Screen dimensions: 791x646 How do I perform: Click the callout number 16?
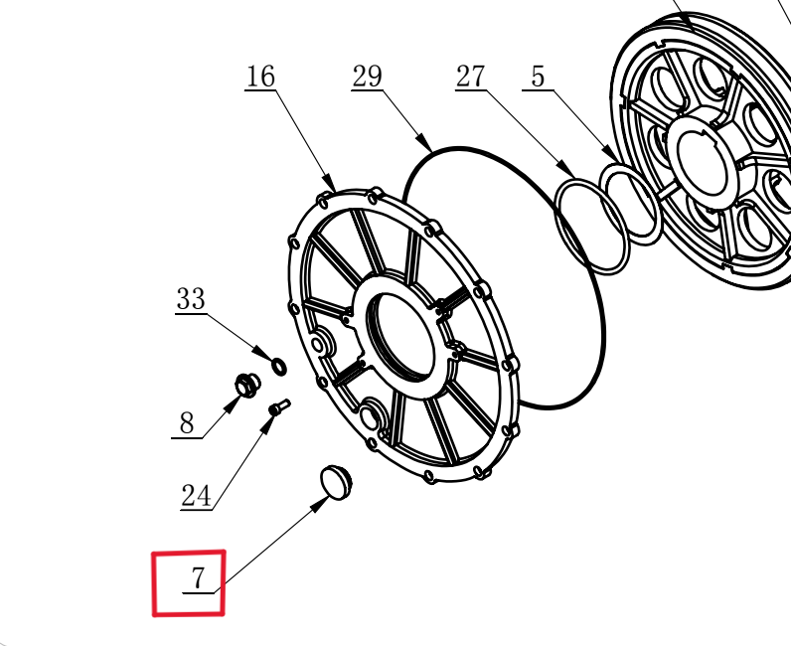tap(260, 77)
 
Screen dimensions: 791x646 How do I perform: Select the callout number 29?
tap(367, 77)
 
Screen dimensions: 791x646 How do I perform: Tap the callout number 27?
tap(471, 77)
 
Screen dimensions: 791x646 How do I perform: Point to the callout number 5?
tap(539, 77)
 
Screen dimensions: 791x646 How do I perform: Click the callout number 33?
tap(191, 299)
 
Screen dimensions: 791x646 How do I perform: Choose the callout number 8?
tap(186, 423)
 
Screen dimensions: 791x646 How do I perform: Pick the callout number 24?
tap(196, 496)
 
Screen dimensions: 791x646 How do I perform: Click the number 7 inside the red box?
tap(199, 578)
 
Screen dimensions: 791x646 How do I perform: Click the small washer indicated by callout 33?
tap(279, 367)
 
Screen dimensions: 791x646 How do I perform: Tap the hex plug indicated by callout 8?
tap(247, 386)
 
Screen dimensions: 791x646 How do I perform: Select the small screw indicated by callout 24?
tap(279, 407)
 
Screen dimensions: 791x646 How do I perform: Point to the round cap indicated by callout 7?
tap(337, 482)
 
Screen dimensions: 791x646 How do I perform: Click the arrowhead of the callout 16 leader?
tap(330, 183)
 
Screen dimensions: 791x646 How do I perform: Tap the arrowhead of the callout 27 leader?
tap(567, 169)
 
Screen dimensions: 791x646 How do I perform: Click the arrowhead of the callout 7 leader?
tap(320, 504)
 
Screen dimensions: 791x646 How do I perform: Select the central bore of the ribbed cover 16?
tap(401, 336)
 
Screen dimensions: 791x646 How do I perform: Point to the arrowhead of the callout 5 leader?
tap(609, 153)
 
